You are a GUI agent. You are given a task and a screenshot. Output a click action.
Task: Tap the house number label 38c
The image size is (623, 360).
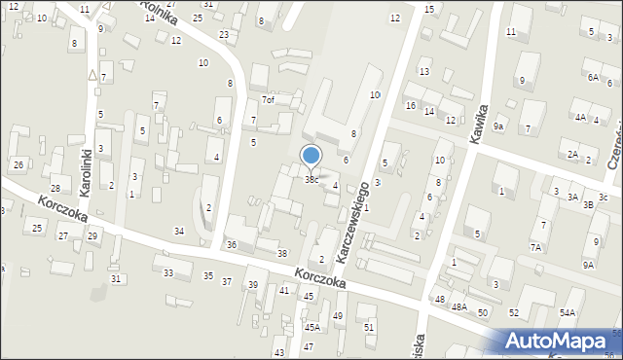(x=311, y=180)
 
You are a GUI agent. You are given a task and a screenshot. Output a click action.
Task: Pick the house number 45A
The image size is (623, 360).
(x=311, y=328)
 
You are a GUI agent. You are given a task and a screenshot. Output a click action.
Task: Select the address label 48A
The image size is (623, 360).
(x=459, y=307)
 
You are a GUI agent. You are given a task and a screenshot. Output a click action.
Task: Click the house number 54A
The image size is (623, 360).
(x=567, y=312)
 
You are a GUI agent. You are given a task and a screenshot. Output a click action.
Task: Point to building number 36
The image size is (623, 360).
(x=232, y=244)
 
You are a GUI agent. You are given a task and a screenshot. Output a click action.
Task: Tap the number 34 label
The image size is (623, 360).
(x=179, y=231)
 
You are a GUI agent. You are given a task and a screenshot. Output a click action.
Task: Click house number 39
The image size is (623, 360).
(x=253, y=284)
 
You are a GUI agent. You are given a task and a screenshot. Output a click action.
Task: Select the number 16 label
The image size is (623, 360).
(x=411, y=105)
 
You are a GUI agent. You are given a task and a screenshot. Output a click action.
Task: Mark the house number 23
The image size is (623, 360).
(x=224, y=35)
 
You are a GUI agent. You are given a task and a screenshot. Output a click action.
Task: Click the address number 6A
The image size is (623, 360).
(x=593, y=77)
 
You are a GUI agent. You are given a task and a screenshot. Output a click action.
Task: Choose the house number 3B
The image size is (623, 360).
(x=588, y=205)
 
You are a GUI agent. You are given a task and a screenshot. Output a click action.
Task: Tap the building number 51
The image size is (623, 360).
(x=369, y=327)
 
